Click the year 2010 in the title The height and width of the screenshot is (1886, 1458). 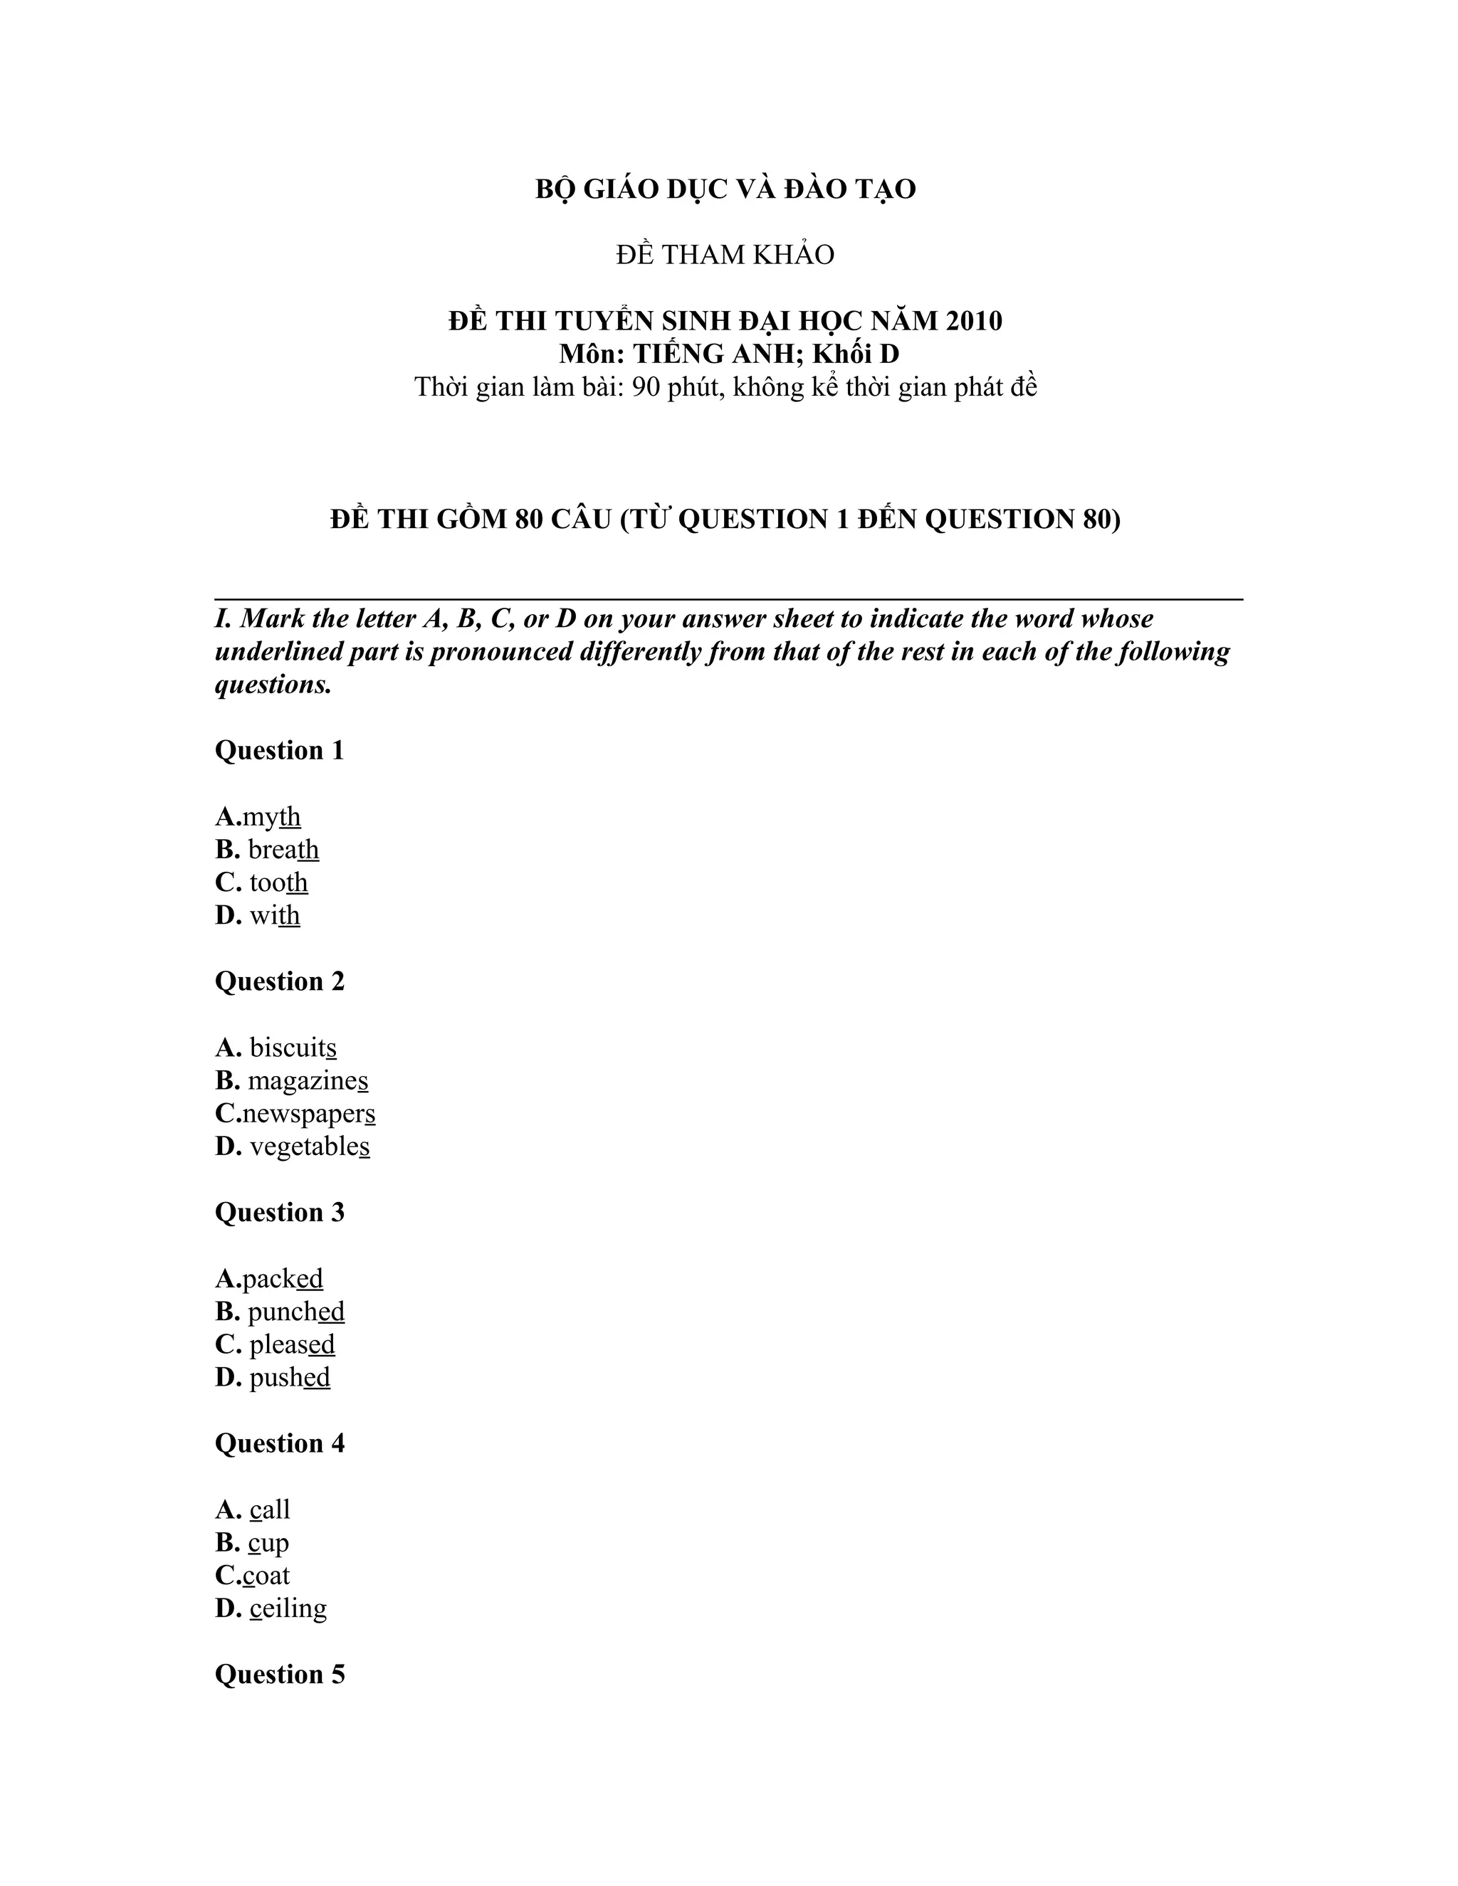pyautogui.click(x=973, y=321)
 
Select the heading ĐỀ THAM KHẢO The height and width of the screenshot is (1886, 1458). pyautogui.click(x=725, y=255)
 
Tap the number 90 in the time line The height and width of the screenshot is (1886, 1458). pyautogui.click(x=647, y=387)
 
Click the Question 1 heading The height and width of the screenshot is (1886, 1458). pyautogui.click(x=279, y=750)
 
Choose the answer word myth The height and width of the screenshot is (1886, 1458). pyautogui.click(x=271, y=817)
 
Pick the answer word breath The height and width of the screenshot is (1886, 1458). pyautogui.click(x=283, y=850)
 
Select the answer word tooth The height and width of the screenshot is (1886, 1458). pyautogui.click(x=278, y=883)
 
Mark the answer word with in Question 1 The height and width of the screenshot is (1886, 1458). pyautogui.click(x=275, y=915)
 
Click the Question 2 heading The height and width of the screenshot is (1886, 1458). pyautogui.click(x=279, y=982)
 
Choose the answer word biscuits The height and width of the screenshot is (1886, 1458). pyautogui.click(x=293, y=1048)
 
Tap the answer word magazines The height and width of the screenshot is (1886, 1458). pyautogui.click(x=308, y=1080)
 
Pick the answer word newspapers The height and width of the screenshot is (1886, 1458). pyautogui.click(x=308, y=1114)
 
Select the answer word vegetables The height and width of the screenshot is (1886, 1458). pyautogui.click(x=309, y=1147)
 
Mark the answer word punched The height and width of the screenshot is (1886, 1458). pyautogui.click(x=295, y=1312)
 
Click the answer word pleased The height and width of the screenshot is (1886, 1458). pyautogui.click(x=292, y=1344)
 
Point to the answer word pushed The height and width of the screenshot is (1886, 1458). pyautogui.click(x=289, y=1377)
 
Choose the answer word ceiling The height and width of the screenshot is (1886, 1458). pyautogui.click(x=288, y=1609)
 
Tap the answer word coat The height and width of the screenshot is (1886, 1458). pyautogui.click(x=266, y=1576)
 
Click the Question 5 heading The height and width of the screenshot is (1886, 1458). pyautogui.click(x=279, y=1675)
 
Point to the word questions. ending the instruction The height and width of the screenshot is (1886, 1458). pyautogui.click(x=273, y=685)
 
